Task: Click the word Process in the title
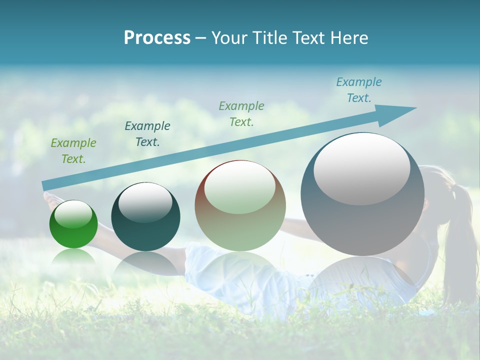(x=157, y=38)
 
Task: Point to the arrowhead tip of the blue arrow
(x=416, y=108)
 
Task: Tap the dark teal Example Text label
(x=147, y=134)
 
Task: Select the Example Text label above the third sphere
(x=241, y=113)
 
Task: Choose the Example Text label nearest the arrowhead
(x=359, y=90)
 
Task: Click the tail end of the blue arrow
(x=45, y=186)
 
